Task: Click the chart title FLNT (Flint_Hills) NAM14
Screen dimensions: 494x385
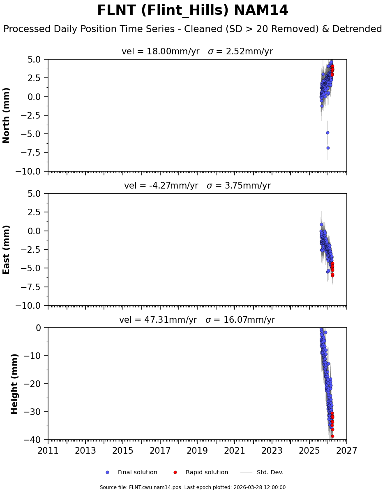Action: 192,11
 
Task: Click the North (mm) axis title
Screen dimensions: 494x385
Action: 7,115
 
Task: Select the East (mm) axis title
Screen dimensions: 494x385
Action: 7,249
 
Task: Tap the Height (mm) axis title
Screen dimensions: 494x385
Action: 15,384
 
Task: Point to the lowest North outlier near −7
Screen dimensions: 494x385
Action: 328,148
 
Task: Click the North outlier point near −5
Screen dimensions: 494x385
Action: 327,133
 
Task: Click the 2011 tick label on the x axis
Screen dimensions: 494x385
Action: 48,451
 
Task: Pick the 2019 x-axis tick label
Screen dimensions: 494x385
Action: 198,451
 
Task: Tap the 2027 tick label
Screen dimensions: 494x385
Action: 346,451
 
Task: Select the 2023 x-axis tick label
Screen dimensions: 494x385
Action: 272,451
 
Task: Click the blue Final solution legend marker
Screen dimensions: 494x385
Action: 108,473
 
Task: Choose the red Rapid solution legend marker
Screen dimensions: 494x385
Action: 175,473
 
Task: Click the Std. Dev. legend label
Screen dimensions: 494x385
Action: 270,473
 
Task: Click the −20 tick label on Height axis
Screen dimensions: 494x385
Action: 34,384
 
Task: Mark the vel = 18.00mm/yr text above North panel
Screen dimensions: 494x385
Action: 160,52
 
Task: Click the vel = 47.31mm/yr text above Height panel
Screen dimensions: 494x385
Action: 158,320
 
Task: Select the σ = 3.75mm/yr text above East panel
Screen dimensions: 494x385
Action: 239,186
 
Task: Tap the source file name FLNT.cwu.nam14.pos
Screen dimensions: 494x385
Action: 141,487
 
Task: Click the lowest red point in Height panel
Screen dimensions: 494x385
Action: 332,436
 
